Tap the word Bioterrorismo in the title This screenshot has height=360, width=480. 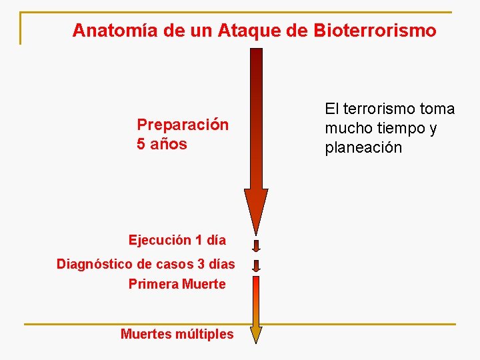pyautogui.click(x=380, y=31)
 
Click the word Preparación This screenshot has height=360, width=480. pyautogui.click(x=183, y=125)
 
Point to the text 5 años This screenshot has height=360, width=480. pyautogui.click(x=162, y=144)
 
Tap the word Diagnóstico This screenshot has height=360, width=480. pyautogui.click(x=94, y=264)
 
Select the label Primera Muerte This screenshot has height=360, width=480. pyautogui.click(x=177, y=284)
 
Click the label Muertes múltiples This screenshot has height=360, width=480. pyautogui.click(x=177, y=334)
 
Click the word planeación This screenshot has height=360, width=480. pyautogui.click(x=363, y=147)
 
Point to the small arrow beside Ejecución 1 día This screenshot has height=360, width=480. pyautogui.click(x=256, y=244)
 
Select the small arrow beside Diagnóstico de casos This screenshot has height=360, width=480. pyautogui.click(x=256, y=265)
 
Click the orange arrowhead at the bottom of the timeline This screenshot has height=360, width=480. pyautogui.click(x=256, y=334)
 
